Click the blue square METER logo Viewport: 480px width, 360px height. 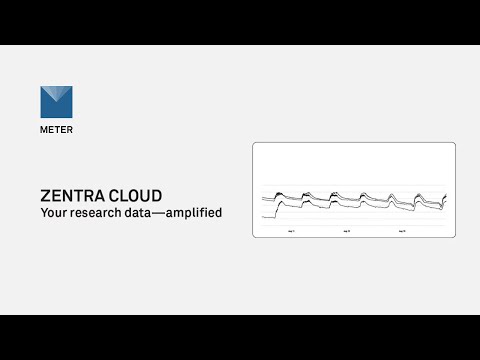coord(57,102)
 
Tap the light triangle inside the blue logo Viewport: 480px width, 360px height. coord(64,97)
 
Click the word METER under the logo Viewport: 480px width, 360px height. coord(57,130)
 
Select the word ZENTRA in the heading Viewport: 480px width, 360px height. coord(73,195)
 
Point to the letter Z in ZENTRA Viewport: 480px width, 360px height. coord(46,195)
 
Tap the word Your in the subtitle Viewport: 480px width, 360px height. coord(54,213)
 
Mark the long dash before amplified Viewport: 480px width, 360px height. coord(169,213)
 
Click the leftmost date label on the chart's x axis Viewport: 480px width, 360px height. coord(291,231)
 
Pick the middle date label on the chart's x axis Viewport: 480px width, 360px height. coord(346,231)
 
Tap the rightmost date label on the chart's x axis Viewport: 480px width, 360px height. coord(401,231)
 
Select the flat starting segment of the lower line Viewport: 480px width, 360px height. coord(267,215)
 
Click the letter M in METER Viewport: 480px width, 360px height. coord(44,130)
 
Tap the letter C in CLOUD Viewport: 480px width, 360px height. coord(114,195)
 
